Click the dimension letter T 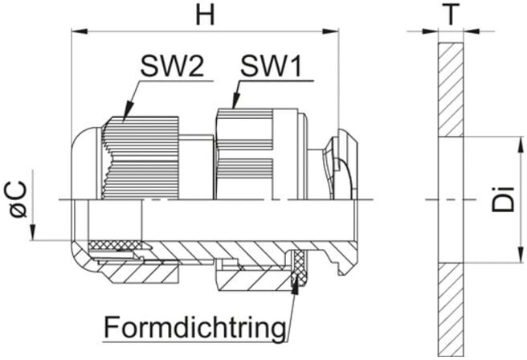tap(451, 14)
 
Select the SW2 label tap(172, 66)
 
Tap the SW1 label tap(271, 66)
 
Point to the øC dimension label tap(18, 199)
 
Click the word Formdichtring tap(195, 326)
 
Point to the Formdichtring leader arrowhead tap(296, 285)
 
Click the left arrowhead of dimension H tap(80, 31)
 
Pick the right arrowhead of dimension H tap(331, 31)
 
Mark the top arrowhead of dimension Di tap(521, 145)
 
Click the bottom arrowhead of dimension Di tap(521, 255)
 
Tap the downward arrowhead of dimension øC tap(32, 232)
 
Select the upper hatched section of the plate tap(451, 90)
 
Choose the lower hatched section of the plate tap(451, 309)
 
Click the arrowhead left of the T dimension tap(431, 31)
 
